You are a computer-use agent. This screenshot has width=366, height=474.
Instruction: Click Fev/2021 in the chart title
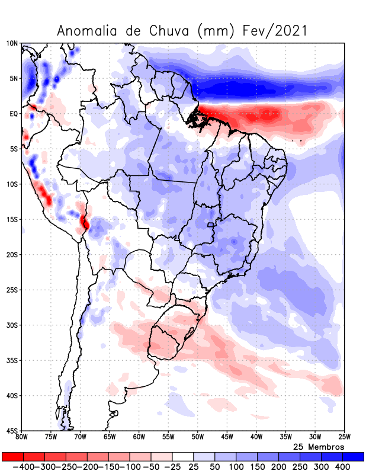[x=275, y=31]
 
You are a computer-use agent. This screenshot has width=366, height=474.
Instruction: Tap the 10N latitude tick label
[x=12, y=43]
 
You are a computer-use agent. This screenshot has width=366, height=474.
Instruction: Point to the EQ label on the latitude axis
[x=14, y=114]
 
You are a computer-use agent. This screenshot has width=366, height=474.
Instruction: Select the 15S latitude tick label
[x=12, y=219]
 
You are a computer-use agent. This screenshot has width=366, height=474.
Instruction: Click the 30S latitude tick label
[x=12, y=325]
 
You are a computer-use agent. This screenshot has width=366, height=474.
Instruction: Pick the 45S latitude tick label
[x=12, y=431]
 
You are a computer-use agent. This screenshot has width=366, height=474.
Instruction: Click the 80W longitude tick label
[x=22, y=437]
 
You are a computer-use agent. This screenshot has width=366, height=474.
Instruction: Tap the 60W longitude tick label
[x=139, y=437]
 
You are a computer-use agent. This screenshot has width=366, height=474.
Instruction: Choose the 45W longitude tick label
[x=226, y=437]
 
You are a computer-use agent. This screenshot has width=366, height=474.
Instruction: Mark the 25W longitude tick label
[x=343, y=437]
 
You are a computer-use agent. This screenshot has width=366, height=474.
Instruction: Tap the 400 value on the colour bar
[x=343, y=467]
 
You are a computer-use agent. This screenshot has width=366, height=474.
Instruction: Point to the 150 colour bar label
[x=257, y=467]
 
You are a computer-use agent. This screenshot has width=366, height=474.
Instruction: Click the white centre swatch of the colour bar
[x=182, y=457]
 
